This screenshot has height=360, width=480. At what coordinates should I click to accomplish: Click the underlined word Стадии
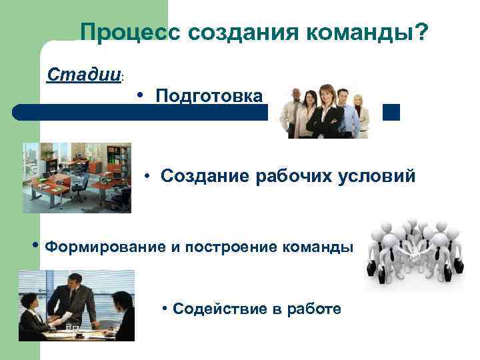[x=83, y=73]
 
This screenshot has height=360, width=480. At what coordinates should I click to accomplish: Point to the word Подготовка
[x=209, y=96]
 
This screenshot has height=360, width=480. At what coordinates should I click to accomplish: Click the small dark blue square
[x=392, y=112]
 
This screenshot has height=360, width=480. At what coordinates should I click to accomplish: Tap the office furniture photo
[x=77, y=177]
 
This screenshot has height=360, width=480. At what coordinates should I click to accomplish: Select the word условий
[x=379, y=177]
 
